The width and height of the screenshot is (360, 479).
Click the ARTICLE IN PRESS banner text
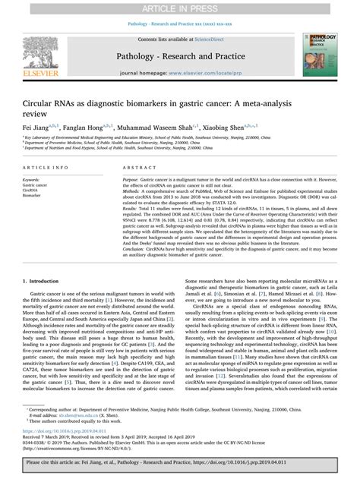click(x=180, y=7)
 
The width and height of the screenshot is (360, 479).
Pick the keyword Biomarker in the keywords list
click(x=33, y=195)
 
